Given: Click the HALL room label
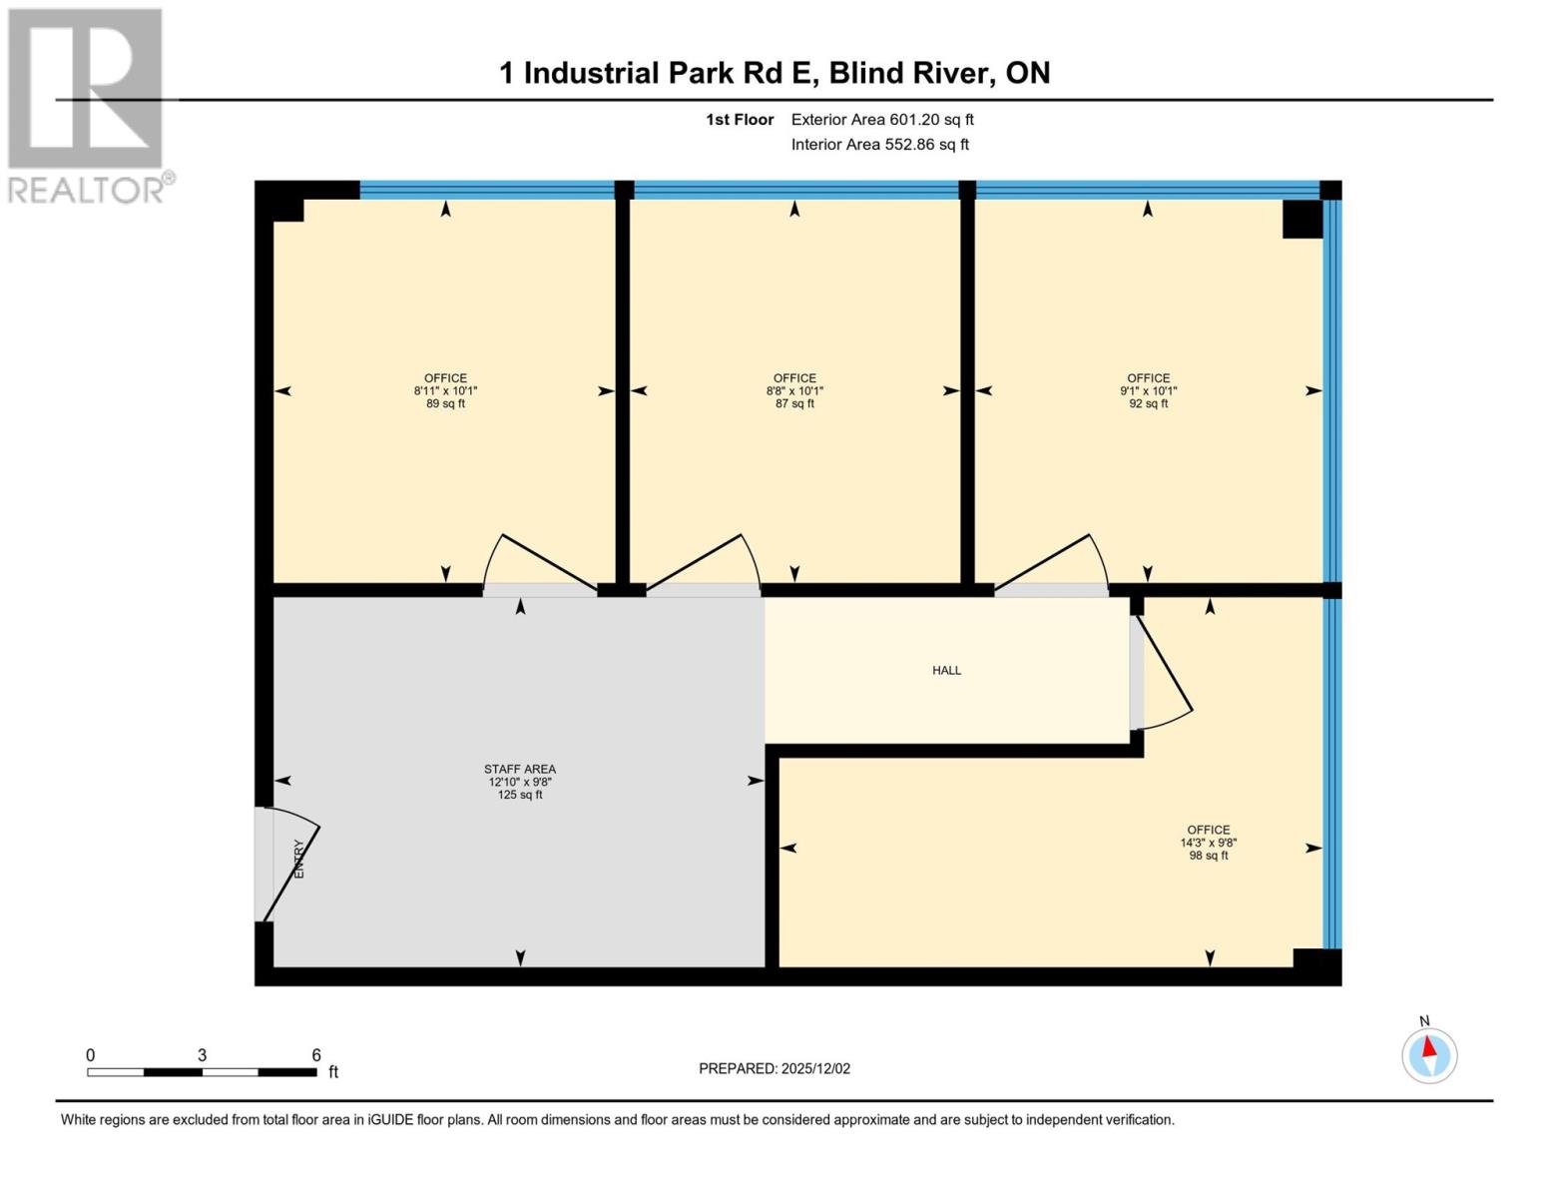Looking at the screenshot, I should pos(946,671).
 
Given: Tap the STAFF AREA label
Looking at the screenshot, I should pos(520,769).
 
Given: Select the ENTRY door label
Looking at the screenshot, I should pos(298,859).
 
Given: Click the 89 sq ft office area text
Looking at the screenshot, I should pos(445,404).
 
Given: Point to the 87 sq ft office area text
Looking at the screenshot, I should pos(794,404).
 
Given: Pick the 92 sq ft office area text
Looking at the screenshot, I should pos(1149,404).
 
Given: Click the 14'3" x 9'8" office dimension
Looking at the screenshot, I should pos(1209,843).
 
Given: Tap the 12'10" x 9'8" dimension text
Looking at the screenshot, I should pos(520,782).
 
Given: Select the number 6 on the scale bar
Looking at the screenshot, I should pos(316,1055).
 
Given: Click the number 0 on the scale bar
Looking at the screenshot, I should pos(91,1055).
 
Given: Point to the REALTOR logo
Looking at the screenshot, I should pos(88,105).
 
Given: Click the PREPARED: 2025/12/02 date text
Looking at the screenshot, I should pos(774,1068).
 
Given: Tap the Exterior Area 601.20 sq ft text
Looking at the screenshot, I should pos(882,120).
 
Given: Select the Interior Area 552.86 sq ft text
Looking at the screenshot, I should pos(880,145).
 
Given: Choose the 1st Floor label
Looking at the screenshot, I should pos(740,120).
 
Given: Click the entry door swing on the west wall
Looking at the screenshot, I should pos(289,864).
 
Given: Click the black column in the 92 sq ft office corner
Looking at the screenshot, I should pos(1301,219).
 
